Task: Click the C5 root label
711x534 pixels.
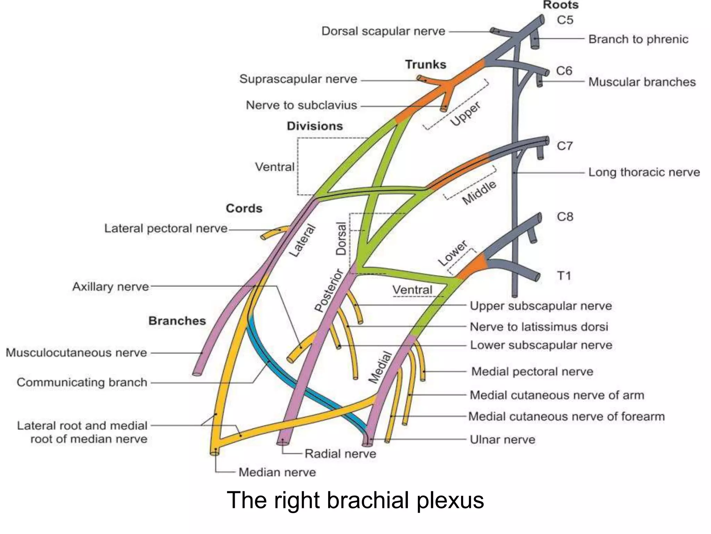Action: [x=565, y=20]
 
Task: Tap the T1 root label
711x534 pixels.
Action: [x=564, y=276]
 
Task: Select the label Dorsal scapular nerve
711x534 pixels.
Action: [x=383, y=31]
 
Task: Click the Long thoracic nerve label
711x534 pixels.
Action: [x=644, y=172]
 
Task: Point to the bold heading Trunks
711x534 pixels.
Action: [x=426, y=65]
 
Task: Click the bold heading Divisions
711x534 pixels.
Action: [x=315, y=126]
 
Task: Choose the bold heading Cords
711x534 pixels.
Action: [x=244, y=209]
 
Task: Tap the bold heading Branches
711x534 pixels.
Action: [x=177, y=321]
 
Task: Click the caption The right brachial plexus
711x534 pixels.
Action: [x=355, y=500]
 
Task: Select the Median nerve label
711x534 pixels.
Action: [x=277, y=472]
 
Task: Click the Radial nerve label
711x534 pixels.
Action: [x=340, y=454]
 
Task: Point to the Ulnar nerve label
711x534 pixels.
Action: [x=502, y=440]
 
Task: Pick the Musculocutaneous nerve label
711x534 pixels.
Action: [x=76, y=353]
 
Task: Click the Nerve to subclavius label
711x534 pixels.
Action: [x=301, y=105]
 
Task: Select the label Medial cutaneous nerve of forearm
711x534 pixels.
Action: [x=566, y=416]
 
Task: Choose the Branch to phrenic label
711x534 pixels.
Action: [x=638, y=39]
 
